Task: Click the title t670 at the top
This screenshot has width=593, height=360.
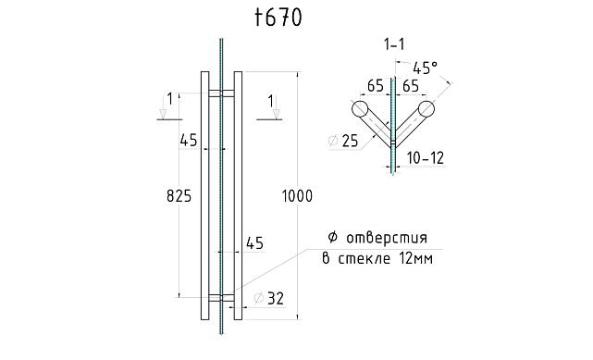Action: (277, 18)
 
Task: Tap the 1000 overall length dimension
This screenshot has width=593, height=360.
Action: (298, 196)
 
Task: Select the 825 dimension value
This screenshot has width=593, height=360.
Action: (179, 196)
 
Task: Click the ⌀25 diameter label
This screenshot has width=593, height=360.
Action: (343, 141)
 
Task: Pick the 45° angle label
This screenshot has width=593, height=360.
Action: (425, 68)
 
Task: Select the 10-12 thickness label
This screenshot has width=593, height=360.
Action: (425, 158)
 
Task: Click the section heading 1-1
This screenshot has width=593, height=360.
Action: (393, 43)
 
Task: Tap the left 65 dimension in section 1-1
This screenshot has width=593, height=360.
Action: (377, 85)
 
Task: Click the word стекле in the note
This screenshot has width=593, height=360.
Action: (365, 259)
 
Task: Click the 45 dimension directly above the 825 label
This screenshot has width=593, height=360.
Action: (189, 141)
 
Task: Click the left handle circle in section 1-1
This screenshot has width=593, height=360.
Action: (359, 109)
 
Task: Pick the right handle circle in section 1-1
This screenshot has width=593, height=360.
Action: (426, 109)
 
